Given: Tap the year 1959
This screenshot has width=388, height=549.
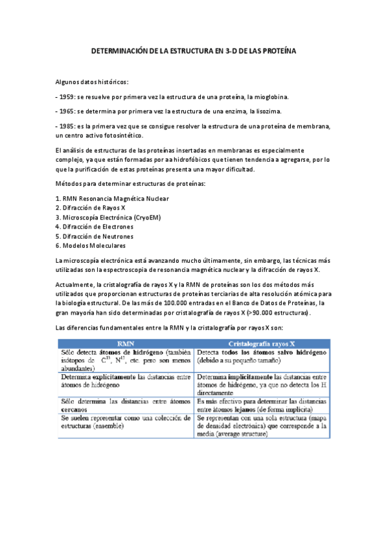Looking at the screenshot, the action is coord(67,96).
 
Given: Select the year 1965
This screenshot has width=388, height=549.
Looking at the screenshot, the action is coord(67,111).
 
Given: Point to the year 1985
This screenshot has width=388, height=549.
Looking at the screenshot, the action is coord(67,126).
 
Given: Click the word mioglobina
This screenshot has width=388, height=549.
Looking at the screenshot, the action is coord(271,96).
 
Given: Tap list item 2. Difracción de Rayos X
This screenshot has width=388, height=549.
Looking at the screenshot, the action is coord(90,208).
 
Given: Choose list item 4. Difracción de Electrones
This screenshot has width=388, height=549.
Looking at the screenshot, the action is coord(95,227).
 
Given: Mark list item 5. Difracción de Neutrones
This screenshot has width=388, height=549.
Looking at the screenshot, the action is coord(95,236).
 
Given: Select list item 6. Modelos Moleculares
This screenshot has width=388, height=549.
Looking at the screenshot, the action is coord(90,245).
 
